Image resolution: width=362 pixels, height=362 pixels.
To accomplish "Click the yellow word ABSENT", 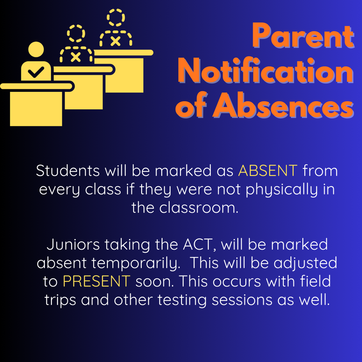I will [x=268, y=171].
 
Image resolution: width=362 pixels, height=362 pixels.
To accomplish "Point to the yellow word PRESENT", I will [x=97, y=281].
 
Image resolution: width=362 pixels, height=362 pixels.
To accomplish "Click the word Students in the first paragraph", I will [x=68, y=171].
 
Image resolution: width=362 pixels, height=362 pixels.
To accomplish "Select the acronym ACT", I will [x=201, y=245].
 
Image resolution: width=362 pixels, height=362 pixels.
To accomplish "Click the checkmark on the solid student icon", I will [x=36, y=73].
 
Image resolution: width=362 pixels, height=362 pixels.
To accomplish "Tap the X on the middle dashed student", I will [x=75, y=57].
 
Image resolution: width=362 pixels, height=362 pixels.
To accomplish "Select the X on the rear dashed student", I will [x=115, y=41].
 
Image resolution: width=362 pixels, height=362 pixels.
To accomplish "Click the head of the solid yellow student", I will [x=36, y=49].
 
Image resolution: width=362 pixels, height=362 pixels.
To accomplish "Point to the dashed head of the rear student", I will [x=116, y=17].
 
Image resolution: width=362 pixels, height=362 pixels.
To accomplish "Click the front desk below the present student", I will [x=36, y=108].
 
